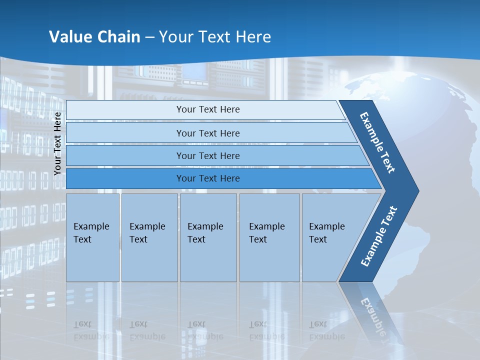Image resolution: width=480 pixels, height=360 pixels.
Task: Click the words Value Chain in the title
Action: point(94,37)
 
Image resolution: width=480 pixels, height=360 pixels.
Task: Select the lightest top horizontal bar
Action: point(207,109)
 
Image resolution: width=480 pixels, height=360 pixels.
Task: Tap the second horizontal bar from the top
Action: point(207,133)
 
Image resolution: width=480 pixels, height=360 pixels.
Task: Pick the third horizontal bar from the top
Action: point(207,155)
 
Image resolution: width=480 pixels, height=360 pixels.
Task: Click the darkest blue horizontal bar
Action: point(207,178)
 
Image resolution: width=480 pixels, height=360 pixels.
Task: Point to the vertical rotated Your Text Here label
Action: point(57,143)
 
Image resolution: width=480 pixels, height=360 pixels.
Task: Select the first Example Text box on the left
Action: point(92,237)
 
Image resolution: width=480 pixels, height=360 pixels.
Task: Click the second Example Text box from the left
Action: point(149,237)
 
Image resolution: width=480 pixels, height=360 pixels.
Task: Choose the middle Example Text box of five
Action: point(207,237)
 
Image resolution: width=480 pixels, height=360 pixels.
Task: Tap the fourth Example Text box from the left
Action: point(269,237)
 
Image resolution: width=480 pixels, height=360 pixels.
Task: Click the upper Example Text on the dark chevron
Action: point(378,142)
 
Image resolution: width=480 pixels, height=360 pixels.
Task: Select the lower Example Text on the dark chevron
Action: point(378,236)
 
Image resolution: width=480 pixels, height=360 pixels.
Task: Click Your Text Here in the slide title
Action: point(215,37)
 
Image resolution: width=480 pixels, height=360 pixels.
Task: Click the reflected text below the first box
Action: point(91,330)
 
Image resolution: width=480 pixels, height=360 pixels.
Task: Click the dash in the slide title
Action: point(149,37)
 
